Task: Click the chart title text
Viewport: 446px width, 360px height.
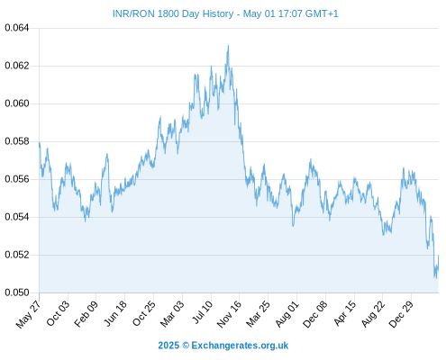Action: (225, 13)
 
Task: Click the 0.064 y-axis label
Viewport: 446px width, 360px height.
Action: (17, 28)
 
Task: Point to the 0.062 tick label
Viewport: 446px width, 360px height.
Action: (17, 66)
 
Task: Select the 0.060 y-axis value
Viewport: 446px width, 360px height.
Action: (17, 103)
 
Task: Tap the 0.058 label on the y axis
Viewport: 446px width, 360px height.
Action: (17, 141)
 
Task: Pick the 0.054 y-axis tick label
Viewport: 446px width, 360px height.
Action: (17, 217)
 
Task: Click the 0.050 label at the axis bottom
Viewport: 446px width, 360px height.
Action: (17, 292)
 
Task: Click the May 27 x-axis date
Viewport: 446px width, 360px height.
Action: (28, 314)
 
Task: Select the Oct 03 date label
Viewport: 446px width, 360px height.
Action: (58, 313)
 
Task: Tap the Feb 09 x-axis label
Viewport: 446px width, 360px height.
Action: (86, 313)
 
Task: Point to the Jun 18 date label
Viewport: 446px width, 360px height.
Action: (115, 313)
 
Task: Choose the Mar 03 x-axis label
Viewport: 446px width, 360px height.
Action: (172, 313)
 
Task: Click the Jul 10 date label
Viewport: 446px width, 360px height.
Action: (202, 312)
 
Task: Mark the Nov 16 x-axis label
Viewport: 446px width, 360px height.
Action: (229, 314)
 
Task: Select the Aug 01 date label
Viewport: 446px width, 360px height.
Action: (287, 313)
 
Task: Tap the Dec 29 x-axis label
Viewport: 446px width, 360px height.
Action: (401, 314)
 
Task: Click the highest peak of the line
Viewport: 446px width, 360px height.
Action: (228, 46)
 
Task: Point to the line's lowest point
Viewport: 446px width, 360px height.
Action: (436, 278)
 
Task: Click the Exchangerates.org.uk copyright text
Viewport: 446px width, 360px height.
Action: (223, 346)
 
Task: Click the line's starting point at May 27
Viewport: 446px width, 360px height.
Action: (40, 142)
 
